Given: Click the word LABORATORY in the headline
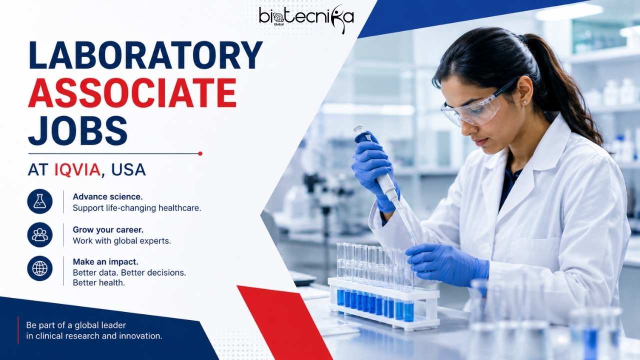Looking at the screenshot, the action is [145, 55].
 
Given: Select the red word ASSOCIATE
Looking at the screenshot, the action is [132, 92].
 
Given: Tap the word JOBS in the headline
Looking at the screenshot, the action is [77, 130].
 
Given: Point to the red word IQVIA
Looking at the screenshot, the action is [77, 169].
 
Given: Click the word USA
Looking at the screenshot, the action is [128, 169].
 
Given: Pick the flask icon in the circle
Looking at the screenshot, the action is [39, 201].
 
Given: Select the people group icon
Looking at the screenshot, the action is [39, 234].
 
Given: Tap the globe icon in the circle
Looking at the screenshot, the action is [39, 268].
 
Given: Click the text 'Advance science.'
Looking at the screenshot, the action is [107, 196].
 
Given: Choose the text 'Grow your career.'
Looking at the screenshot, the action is [108, 229].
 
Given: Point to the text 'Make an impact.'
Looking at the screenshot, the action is [105, 261].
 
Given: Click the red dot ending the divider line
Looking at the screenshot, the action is [200, 153].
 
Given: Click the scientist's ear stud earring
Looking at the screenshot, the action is [524, 101].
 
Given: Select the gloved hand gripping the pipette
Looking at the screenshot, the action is [373, 171].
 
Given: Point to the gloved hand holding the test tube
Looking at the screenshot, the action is [447, 265].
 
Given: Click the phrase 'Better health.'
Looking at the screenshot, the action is [99, 283].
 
